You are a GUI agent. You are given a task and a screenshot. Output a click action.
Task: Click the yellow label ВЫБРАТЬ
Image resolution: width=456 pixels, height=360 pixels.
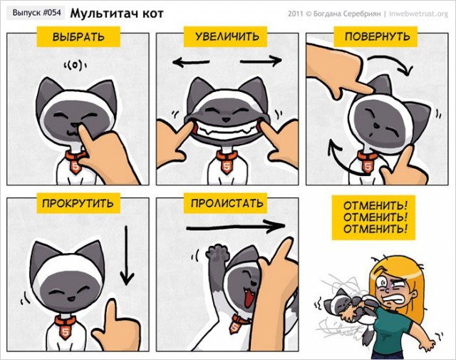coord(78,37)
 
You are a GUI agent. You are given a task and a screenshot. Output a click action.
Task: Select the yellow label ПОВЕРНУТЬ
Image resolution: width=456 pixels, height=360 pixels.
coord(377,37)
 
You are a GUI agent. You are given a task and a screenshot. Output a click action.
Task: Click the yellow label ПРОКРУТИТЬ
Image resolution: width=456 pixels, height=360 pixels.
coord(78,203)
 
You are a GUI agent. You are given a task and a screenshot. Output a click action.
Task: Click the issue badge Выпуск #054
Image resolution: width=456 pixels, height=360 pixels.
coord(35,13)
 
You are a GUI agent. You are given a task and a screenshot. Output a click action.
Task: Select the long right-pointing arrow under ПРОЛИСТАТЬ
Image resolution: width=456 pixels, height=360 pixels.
coord(234,227)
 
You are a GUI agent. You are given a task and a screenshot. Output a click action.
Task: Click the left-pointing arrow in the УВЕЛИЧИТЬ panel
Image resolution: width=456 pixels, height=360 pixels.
coord(191,63)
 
